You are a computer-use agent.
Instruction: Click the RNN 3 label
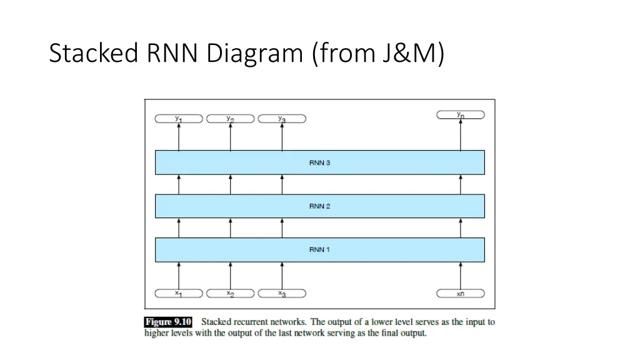coord(319,163)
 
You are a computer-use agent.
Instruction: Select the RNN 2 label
coord(319,206)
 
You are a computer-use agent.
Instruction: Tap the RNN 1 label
coord(319,249)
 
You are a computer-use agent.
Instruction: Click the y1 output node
coord(179,119)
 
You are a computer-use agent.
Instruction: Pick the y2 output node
coord(230,119)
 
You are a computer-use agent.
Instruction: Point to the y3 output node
coord(282,119)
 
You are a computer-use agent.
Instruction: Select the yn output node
coord(461,114)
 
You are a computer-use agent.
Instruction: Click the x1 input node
coord(179,293)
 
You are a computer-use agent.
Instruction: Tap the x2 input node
coord(230,293)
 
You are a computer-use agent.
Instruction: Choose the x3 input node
coord(282,293)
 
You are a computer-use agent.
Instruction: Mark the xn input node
coord(461,293)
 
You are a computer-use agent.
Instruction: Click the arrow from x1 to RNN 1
coord(179,275)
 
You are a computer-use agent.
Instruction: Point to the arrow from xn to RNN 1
coord(461,275)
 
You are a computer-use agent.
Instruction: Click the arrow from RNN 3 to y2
coord(230,136)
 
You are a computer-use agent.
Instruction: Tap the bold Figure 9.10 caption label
coord(168,322)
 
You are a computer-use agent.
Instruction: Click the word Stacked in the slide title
coord(93,54)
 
